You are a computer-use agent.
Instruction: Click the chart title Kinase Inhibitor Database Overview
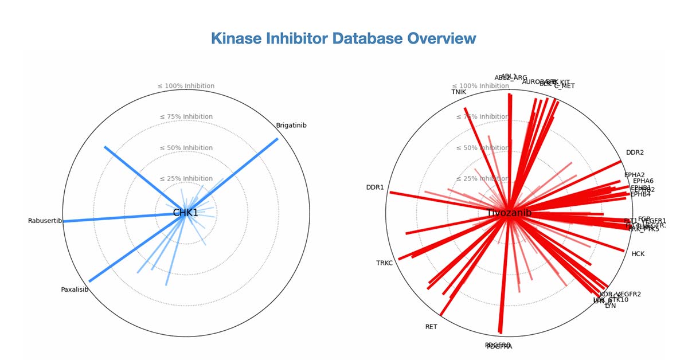click(343, 38)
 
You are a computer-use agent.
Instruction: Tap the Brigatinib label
click(291, 125)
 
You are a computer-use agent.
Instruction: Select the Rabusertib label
click(45, 221)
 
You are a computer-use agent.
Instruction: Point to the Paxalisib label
click(75, 289)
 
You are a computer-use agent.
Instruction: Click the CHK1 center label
click(185, 213)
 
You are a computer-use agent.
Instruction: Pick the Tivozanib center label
click(509, 213)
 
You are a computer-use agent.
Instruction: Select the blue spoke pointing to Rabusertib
click(115, 218)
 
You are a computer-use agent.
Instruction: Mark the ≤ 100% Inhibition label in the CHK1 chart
click(185, 86)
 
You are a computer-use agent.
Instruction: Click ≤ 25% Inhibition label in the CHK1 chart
click(185, 179)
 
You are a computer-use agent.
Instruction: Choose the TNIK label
click(459, 92)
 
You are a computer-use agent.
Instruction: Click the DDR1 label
click(375, 187)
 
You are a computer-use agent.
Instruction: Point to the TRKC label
click(384, 263)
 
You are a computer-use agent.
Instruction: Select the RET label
click(431, 327)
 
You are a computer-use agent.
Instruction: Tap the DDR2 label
click(635, 152)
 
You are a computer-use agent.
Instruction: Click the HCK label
click(638, 253)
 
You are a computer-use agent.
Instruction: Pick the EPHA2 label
click(634, 175)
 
